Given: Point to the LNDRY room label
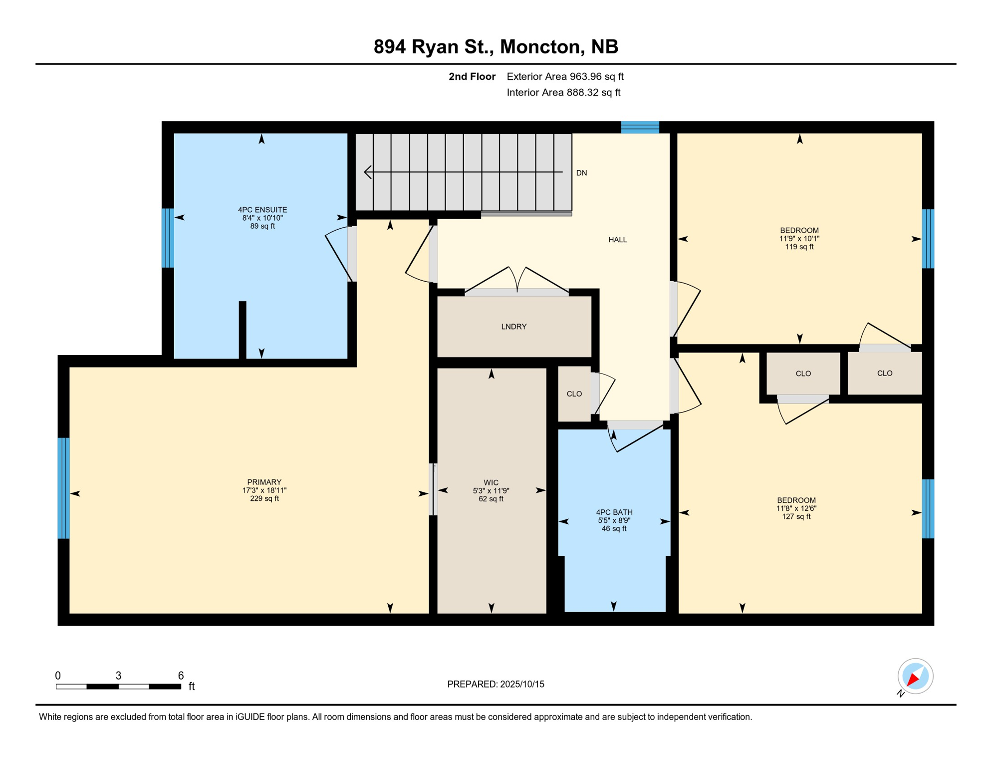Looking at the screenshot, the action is tap(514, 327).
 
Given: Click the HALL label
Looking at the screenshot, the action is tap(618, 240).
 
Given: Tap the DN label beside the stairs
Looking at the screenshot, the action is tap(582, 173).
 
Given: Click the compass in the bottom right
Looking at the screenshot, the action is tap(916, 676).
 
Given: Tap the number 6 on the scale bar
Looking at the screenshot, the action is tap(181, 676).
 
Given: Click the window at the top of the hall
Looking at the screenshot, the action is tap(640, 127).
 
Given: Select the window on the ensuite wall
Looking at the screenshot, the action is tap(168, 238).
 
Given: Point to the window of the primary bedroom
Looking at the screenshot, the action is tap(64, 488).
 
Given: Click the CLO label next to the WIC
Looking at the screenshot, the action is tap(574, 394).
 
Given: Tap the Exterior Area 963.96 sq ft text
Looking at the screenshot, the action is tap(565, 76).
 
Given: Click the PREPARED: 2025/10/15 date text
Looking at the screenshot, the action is tap(496, 684).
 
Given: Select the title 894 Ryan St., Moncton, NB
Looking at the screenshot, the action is tap(496, 46).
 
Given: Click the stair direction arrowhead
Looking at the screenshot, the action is tap(368, 172).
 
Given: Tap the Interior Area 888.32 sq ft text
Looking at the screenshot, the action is tap(564, 92).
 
